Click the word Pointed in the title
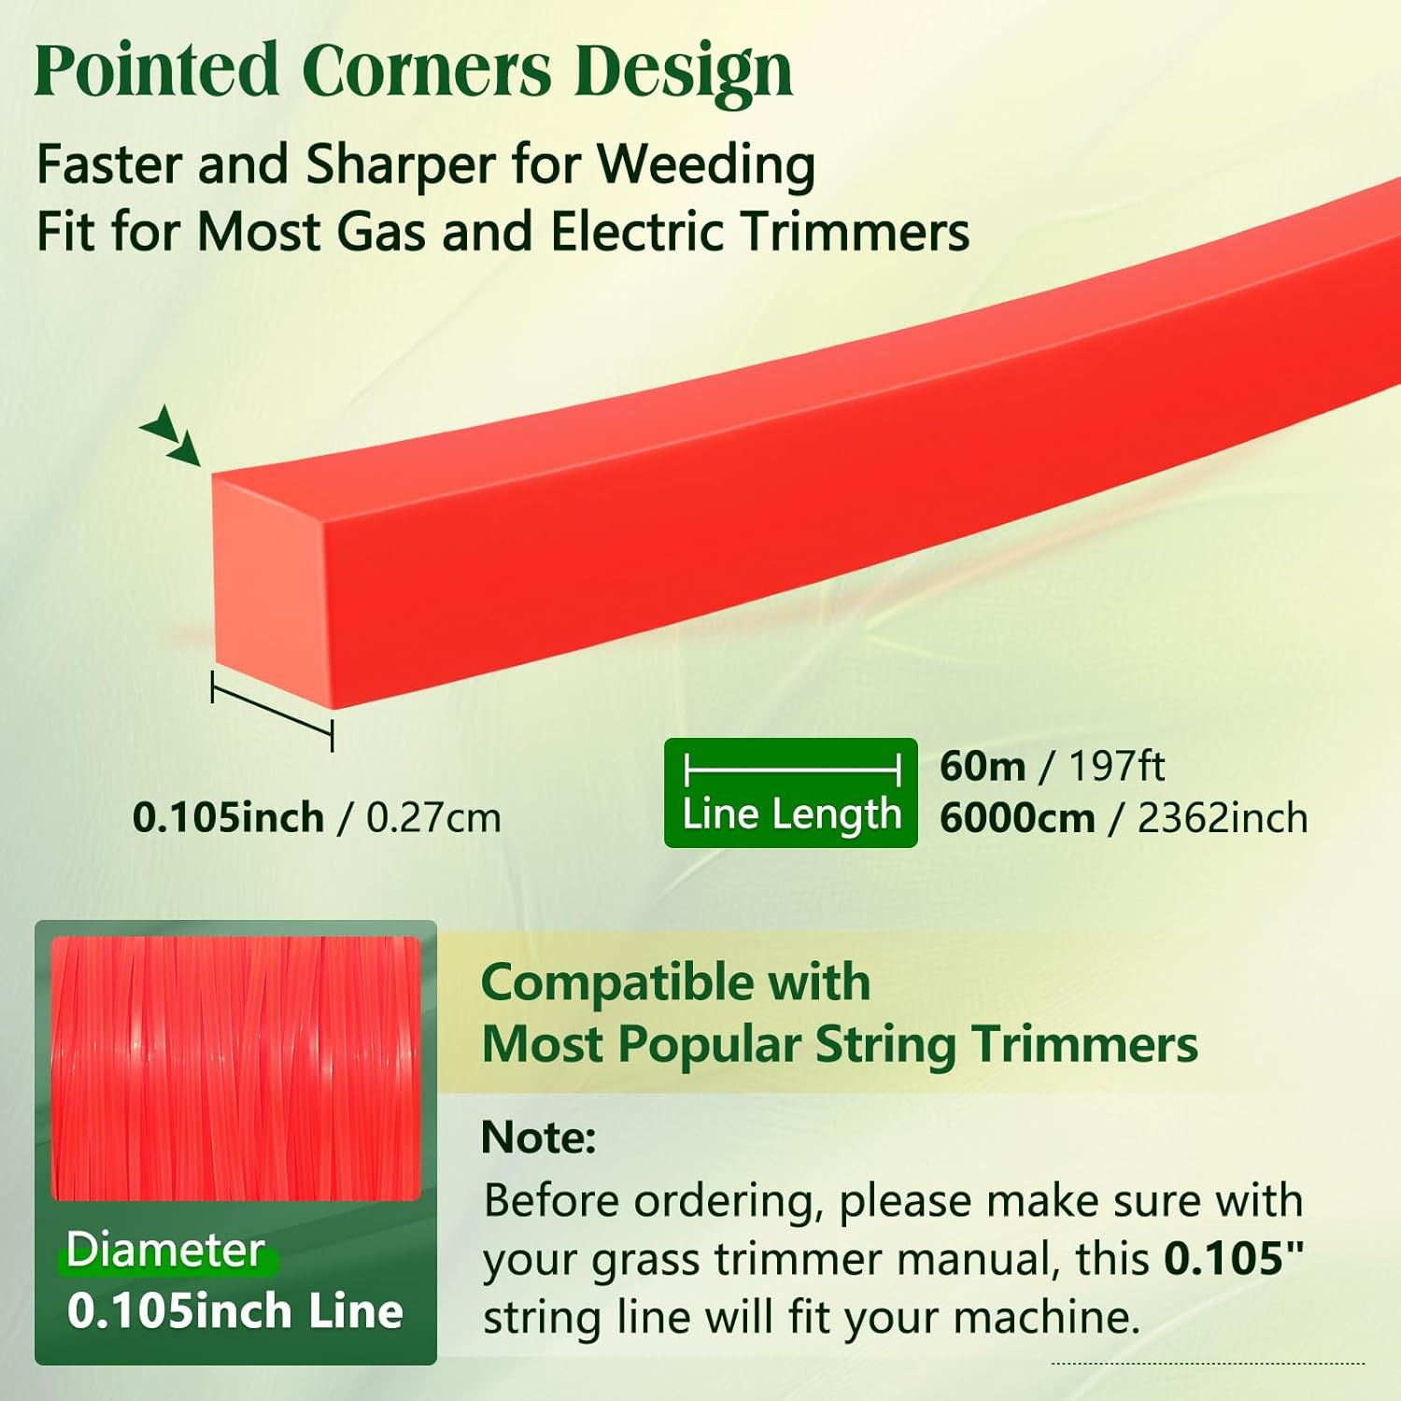pos(156,70)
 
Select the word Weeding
pos(706,164)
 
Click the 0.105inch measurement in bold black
pos(228,818)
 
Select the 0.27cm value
pos(433,818)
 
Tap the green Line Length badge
pos(790,793)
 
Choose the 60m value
pos(982,767)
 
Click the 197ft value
pos(1116,767)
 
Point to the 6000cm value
pos(1016,819)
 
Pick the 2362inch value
pos(1222,819)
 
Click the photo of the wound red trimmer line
pos(235,1068)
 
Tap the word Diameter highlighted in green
pos(165,1250)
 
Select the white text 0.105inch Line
pos(235,1311)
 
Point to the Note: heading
pos(538,1138)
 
